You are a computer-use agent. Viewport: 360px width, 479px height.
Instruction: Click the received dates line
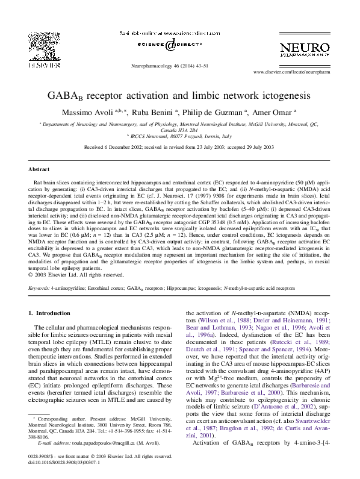click(179, 146)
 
